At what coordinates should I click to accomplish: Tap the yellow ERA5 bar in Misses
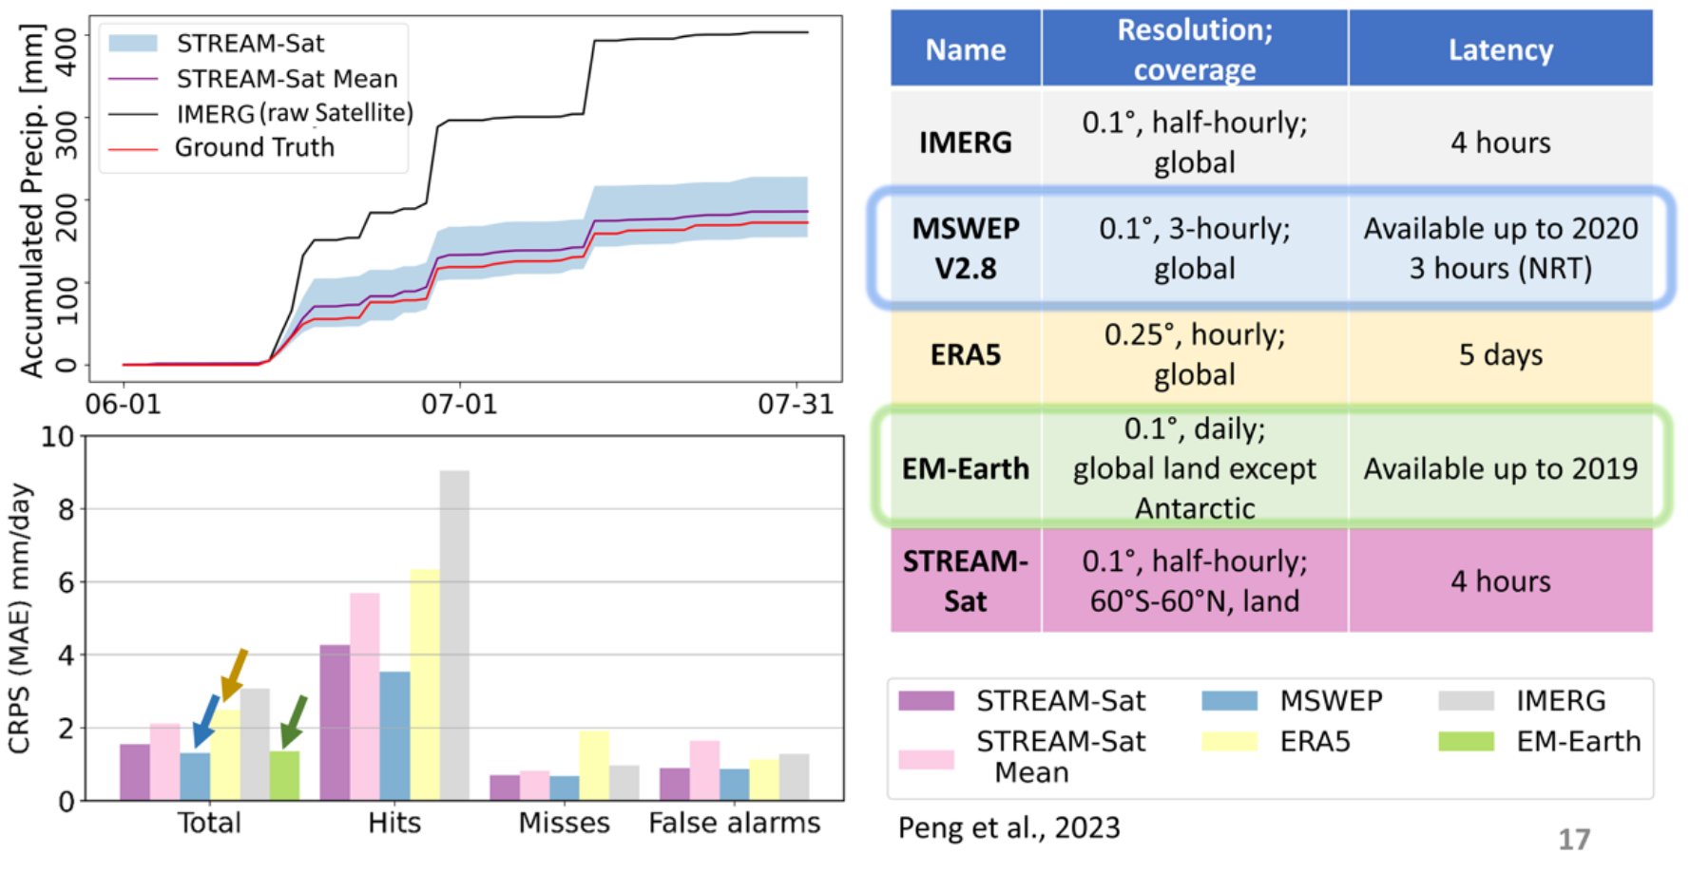click(594, 766)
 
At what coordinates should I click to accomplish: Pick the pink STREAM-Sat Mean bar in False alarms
click(704, 770)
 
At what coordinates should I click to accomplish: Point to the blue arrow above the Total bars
click(206, 721)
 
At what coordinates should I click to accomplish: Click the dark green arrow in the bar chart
click(294, 722)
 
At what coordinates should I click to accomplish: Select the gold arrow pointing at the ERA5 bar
click(234, 674)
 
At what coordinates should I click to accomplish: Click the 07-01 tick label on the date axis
click(459, 405)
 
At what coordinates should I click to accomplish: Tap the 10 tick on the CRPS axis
click(57, 437)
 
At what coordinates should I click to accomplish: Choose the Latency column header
click(1500, 49)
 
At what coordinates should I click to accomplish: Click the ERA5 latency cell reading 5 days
click(1500, 355)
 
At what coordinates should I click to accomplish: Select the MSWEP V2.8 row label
click(965, 249)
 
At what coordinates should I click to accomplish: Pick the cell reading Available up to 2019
click(1500, 468)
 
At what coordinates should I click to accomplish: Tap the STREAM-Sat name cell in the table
click(965, 581)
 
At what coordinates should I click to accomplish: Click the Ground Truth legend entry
click(254, 148)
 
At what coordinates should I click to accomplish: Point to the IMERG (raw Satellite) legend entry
click(294, 113)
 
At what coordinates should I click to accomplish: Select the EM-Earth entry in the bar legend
click(1578, 741)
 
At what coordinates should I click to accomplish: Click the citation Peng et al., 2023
click(1008, 828)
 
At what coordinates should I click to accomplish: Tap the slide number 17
click(1574, 839)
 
